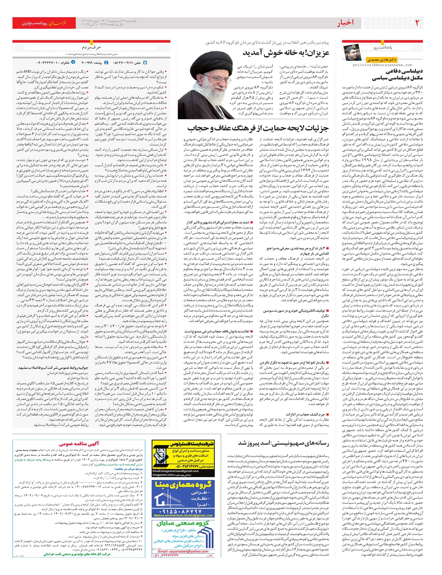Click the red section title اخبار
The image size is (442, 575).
(x=345, y=23)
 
